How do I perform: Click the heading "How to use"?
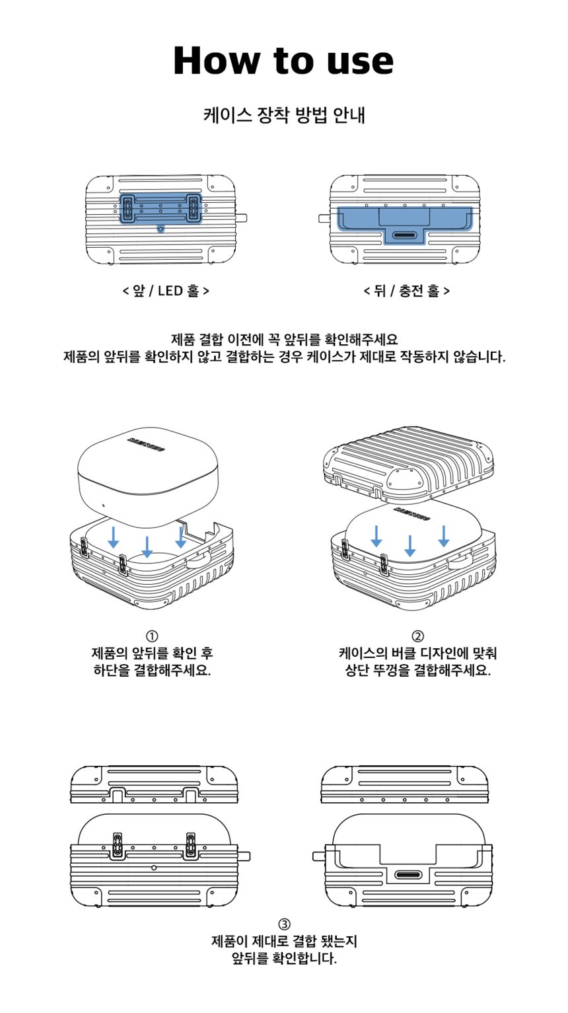pyautogui.click(x=283, y=61)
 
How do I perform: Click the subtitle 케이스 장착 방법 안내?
pyautogui.click(x=284, y=116)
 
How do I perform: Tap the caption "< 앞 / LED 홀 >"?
pyautogui.click(x=166, y=291)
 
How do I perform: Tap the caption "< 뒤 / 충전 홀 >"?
pyautogui.click(x=407, y=291)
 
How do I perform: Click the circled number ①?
pyautogui.click(x=152, y=636)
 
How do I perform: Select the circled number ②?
pyautogui.click(x=417, y=636)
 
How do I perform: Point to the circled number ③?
pyautogui.click(x=284, y=924)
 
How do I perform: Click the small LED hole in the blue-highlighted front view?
pyautogui.click(x=160, y=229)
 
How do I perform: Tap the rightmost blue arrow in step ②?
pyautogui.click(x=444, y=536)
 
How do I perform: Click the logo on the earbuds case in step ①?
pyautogui.click(x=146, y=445)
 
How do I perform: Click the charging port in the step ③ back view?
pyautogui.click(x=408, y=875)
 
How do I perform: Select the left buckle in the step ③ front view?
pyautogui.click(x=118, y=846)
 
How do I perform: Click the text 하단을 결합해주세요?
pyautogui.click(x=152, y=671)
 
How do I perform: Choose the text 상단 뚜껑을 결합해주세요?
pyautogui.click(x=417, y=671)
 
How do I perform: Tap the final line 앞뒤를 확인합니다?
pyautogui.click(x=284, y=958)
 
